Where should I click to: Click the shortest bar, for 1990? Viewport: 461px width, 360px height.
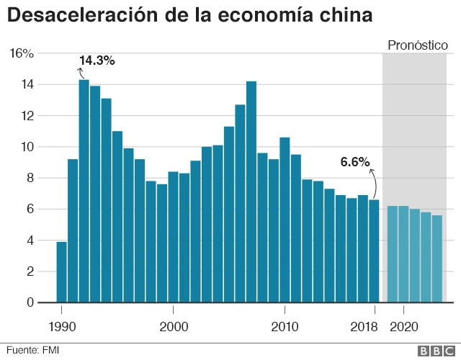pos(61,272)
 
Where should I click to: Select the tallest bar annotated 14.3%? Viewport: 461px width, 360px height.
pos(84,191)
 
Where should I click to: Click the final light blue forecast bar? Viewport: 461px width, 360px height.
pos(437,258)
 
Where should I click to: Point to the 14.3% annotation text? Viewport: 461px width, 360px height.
pos(97,60)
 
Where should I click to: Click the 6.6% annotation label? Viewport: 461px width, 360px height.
pos(354,162)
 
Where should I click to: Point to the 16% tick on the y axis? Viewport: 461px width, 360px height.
pos(22,53)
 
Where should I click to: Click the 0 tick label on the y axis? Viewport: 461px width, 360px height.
pos(30,302)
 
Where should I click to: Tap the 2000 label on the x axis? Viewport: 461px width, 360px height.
pos(173,325)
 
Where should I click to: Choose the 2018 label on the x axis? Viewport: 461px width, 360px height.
pos(363,325)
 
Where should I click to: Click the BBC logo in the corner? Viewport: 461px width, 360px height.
pos(434,350)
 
